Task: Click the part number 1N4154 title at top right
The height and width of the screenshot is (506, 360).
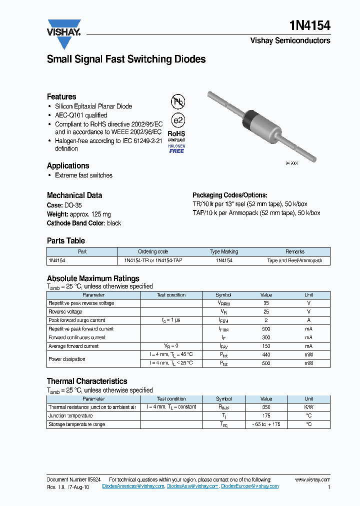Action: click(310, 25)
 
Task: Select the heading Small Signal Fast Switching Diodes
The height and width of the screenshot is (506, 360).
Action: click(126, 59)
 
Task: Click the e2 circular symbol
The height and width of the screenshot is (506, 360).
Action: click(178, 120)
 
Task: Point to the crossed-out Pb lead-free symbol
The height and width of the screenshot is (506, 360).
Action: click(178, 102)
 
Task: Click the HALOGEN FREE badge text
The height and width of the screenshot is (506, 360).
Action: click(176, 148)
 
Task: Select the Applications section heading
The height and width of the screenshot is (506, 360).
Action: click(68, 165)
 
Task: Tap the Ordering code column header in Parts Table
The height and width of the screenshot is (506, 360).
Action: click(153, 251)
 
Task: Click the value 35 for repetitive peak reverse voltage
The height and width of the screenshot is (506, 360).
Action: click(266, 303)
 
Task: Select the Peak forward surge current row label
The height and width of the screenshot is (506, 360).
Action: click(76, 320)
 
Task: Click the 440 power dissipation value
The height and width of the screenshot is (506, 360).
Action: click(266, 354)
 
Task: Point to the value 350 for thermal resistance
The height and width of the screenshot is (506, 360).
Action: click(266, 407)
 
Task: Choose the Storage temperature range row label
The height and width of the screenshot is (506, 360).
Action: click(76, 424)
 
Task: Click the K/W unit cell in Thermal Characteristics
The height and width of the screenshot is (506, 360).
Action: click(308, 407)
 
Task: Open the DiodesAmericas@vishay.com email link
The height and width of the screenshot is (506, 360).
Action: click(133, 486)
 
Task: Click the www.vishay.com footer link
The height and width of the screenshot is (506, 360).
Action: click(312, 479)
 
